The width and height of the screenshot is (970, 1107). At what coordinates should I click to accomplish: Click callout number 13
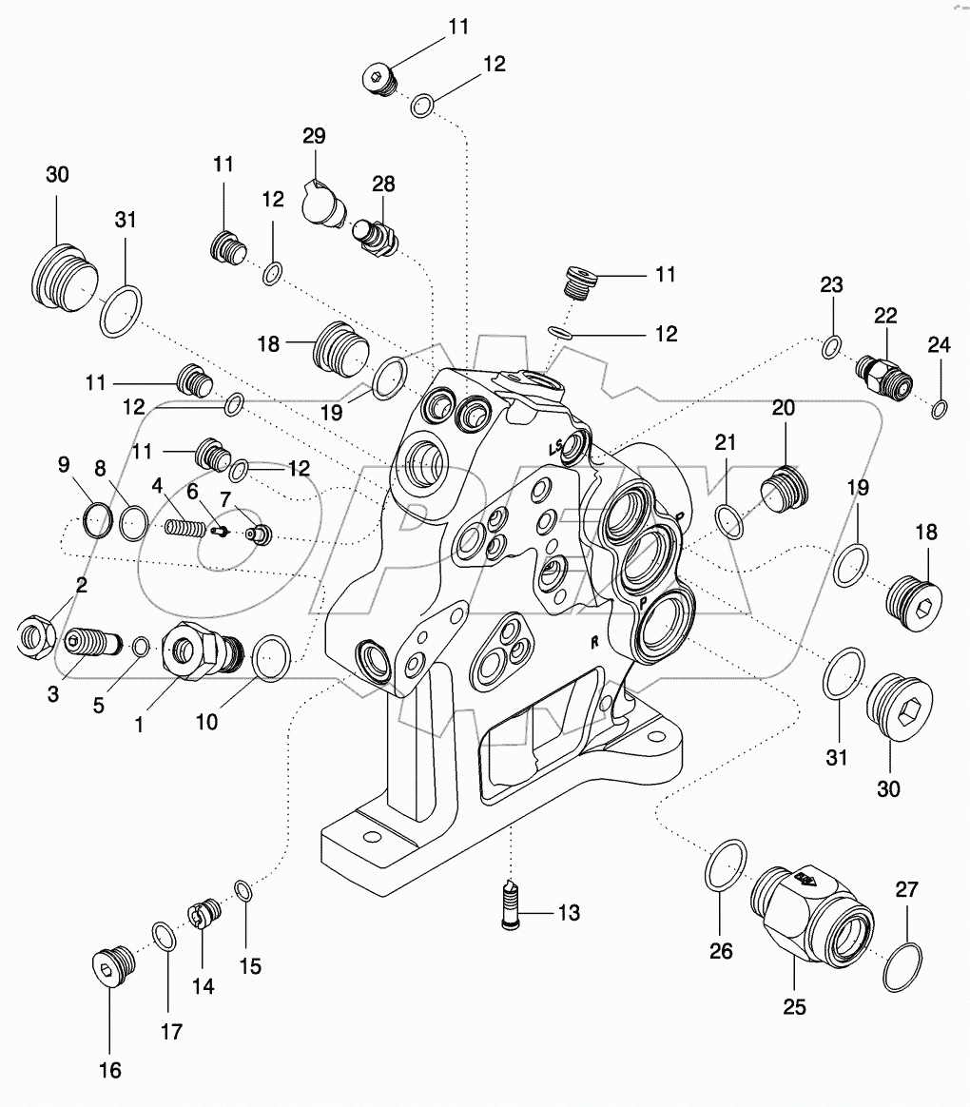coord(569,914)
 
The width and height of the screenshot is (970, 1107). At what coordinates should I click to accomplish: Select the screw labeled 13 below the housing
coord(511,903)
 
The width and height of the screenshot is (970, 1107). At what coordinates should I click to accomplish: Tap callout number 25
coord(794,1007)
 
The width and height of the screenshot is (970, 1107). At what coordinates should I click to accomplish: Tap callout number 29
coord(315,136)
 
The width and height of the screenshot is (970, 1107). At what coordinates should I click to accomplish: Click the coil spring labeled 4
coord(186,526)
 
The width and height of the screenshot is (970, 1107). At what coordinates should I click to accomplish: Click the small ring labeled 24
coord(940,410)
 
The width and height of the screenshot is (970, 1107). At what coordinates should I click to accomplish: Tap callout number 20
coord(783,408)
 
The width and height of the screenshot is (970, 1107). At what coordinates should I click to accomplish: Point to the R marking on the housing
coord(593,642)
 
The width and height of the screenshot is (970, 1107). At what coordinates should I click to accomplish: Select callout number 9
coord(63,464)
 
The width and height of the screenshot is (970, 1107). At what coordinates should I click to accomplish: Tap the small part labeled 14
coord(205,919)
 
